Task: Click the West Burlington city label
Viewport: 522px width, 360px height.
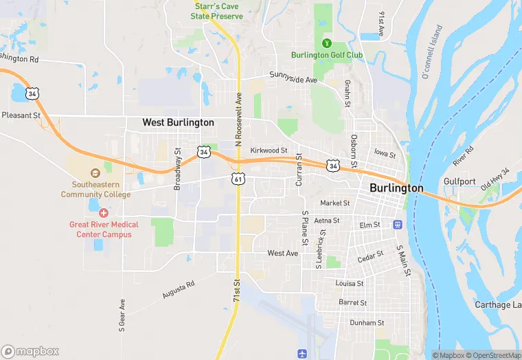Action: click(x=178, y=122)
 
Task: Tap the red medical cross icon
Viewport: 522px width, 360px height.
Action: click(x=104, y=214)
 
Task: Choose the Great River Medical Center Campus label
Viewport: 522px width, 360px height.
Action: click(x=104, y=229)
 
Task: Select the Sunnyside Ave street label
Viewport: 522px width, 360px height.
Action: click(x=293, y=80)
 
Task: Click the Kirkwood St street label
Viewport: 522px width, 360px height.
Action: click(x=269, y=150)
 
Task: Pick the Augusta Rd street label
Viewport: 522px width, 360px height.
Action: click(x=179, y=289)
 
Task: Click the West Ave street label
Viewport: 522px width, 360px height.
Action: click(x=282, y=254)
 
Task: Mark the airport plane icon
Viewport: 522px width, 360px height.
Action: click(x=302, y=353)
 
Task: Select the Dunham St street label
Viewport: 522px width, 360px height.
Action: click(x=366, y=323)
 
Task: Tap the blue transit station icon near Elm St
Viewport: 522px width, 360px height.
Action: click(x=397, y=225)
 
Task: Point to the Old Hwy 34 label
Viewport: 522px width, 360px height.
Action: click(x=495, y=180)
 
